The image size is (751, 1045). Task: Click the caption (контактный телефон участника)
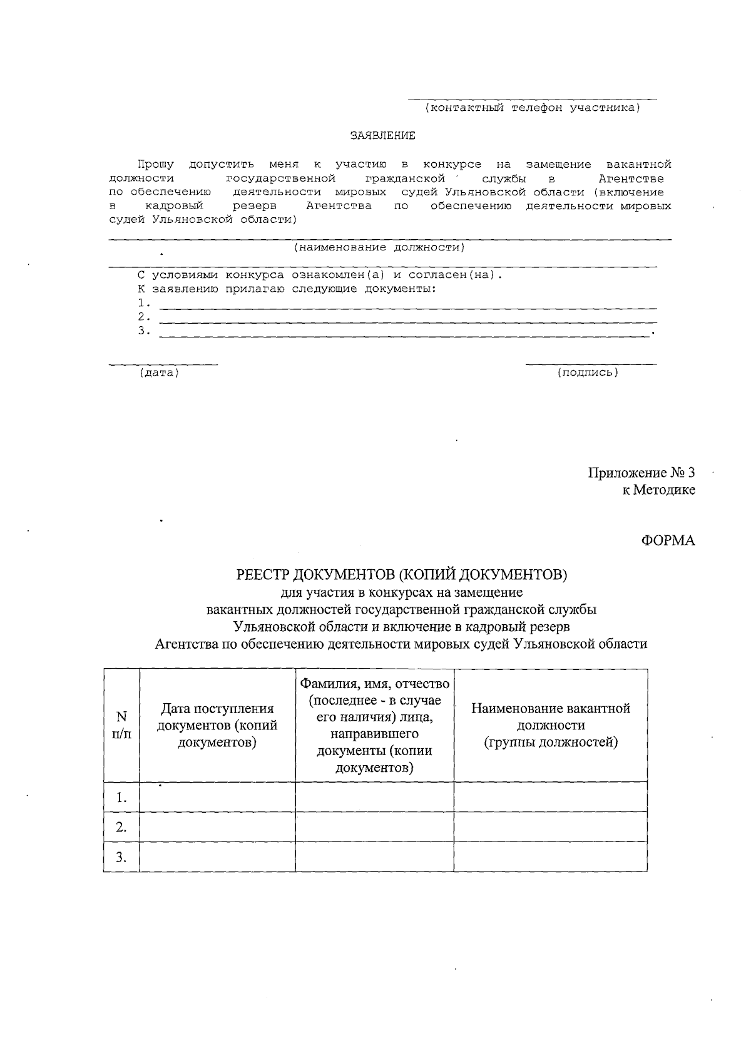click(533, 108)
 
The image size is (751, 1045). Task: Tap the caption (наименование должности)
click(380, 247)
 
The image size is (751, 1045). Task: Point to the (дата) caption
click(159, 373)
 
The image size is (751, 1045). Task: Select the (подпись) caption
click(588, 373)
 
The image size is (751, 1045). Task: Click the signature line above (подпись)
click(591, 364)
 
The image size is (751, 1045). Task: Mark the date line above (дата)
click(163, 364)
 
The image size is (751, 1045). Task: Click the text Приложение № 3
click(641, 473)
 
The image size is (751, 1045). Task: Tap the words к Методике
click(658, 490)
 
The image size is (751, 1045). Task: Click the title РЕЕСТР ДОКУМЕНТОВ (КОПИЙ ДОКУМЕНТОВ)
click(401, 574)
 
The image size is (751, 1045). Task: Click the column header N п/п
click(121, 725)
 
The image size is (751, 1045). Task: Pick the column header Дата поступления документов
click(217, 726)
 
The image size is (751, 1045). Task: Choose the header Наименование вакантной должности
click(550, 725)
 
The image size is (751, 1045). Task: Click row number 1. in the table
click(121, 798)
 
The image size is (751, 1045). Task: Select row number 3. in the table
click(121, 857)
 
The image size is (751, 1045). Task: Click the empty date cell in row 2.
click(217, 827)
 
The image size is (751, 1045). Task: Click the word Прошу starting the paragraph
click(156, 165)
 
